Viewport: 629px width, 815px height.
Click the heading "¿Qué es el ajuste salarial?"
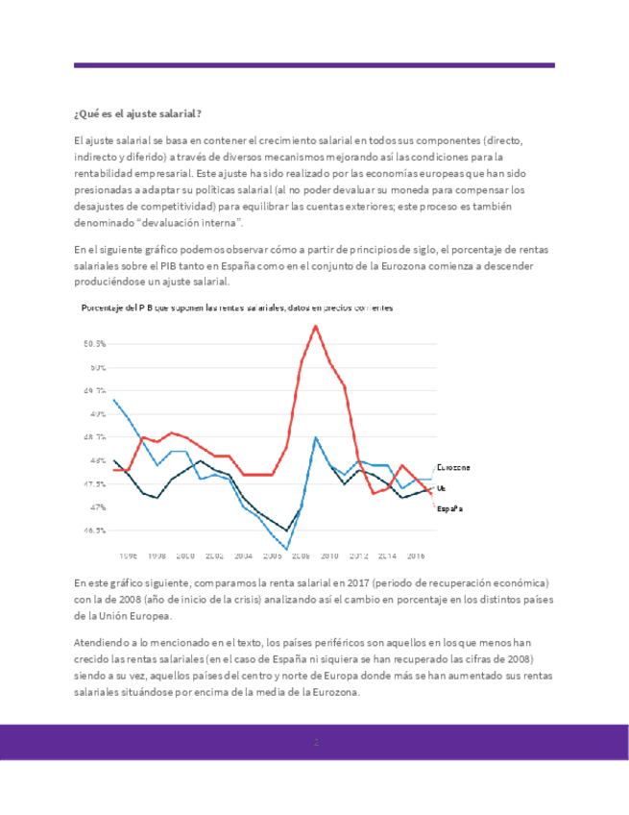(x=137, y=114)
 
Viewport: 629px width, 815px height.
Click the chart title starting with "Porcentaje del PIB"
(x=237, y=308)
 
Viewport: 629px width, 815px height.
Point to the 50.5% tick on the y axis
(x=94, y=344)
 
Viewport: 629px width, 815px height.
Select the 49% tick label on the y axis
(x=97, y=414)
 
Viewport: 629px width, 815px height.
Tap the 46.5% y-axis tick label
(x=94, y=531)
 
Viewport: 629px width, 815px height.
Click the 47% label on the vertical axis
(x=97, y=507)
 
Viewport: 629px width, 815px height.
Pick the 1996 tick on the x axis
(x=128, y=556)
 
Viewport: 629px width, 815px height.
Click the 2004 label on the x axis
(x=243, y=556)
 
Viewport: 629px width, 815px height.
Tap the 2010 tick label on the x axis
(x=329, y=556)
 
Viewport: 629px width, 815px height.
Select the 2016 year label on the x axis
(x=416, y=556)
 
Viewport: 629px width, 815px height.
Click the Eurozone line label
(x=453, y=468)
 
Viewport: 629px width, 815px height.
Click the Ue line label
(x=442, y=489)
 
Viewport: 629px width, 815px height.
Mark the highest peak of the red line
(x=316, y=326)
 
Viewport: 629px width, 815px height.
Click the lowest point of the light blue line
(x=287, y=549)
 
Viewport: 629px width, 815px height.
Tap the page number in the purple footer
(x=314, y=743)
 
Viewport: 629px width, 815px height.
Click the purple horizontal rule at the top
(x=314, y=65)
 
